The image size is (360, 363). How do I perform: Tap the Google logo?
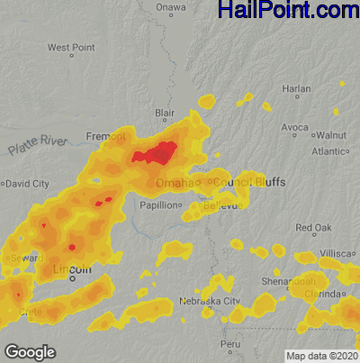(29, 352)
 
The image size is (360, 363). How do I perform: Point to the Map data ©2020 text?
(321, 356)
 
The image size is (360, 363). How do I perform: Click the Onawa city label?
(170, 7)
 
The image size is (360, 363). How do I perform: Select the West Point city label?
(71, 47)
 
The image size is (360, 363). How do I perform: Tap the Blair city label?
(165, 113)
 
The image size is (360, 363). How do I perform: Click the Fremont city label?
(105, 136)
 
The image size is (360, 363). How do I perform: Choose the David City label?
(26, 184)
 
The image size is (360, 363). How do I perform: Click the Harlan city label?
(296, 88)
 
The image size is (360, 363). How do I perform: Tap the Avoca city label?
(294, 128)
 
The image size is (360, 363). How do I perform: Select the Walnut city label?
(331, 135)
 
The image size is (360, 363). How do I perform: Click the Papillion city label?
(158, 205)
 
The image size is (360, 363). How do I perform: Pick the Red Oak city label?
(313, 227)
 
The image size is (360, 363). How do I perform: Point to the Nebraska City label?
(208, 300)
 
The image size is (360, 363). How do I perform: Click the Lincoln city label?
(72, 269)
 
